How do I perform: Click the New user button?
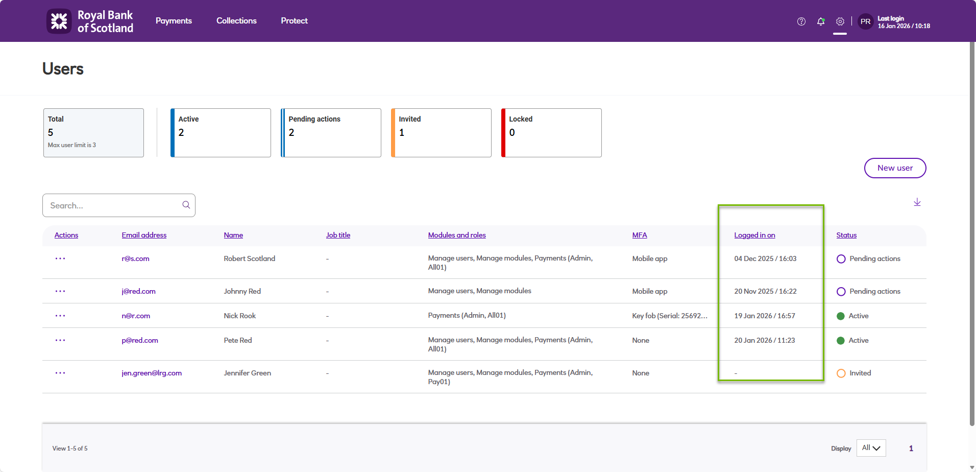pyautogui.click(x=895, y=168)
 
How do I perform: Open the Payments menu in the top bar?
pyautogui.click(x=174, y=21)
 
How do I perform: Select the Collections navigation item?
pyautogui.click(x=236, y=21)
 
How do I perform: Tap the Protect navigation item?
pyautogui.click(x=294, y=21)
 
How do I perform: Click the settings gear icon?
pyautogui.click(x=840, y=21)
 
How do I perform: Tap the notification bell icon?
pyautogui.click(x=820, y=21)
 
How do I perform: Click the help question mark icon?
pyautogui.click(x=801, y=21)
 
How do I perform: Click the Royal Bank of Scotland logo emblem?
pyautogui.click(x=59, y=21)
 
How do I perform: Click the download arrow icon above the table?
pyautogui.click(x=917, y=202)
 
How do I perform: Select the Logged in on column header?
pyautogui.click(x=754, y=235)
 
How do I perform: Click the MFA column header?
pyautogui.click(x=639, y=235)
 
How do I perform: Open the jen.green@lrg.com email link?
pyautogui.click(x=152, y=373)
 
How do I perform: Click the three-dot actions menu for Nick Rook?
pyautogui.click(x=60, y=316)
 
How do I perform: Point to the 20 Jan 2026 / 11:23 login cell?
pyautogui.click(x=764, y=340)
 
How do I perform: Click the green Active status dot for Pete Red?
pyautogui.click(x=841, y=341)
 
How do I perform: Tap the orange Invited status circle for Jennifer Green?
pyautogui.click(x=841, y=373)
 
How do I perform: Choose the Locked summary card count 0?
pyautogui.click(x=512, y=133)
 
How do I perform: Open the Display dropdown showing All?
pyautogui.click(x=871, y=448)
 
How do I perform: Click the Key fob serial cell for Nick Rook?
pyautogui.click(x=670, y=316)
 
